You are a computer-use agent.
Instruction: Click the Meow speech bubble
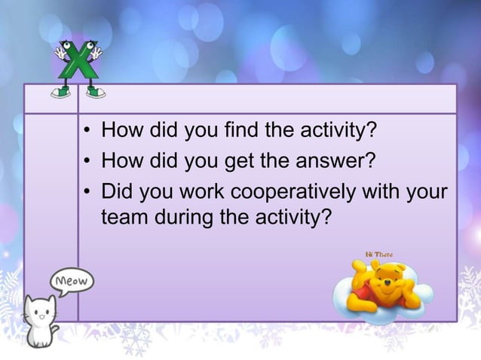[72, 282]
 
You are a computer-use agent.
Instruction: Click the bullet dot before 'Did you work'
[88, 191]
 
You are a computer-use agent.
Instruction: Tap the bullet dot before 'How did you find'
[88, 136]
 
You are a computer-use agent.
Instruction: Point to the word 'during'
[183, 218]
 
